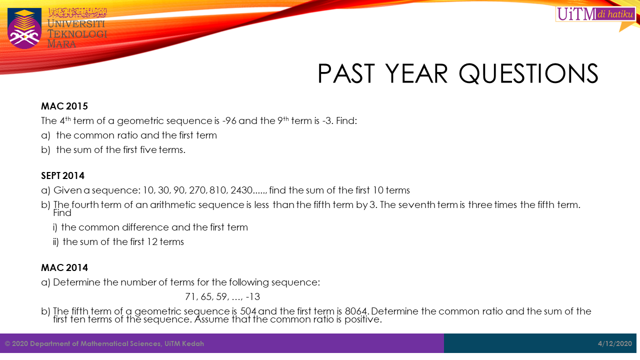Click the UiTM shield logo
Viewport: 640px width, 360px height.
[x=24, y=28]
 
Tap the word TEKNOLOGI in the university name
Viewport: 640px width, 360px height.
[x=77, y=33]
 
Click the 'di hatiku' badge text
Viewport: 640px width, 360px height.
[x=615, y=14]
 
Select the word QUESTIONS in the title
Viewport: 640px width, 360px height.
[x=528, y=73]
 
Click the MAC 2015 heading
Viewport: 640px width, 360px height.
[x=64, y=106]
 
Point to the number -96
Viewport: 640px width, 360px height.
[x=229, y=121]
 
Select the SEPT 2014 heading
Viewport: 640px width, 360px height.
[x=62, y=175]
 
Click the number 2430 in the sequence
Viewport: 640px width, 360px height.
[x=241, y=190]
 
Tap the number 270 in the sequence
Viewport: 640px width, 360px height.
[x=197, y=190]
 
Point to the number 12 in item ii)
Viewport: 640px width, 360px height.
[x=152, y=242]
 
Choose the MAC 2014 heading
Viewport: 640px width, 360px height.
[x=64, y=267]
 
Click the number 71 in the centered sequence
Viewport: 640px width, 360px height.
[x=190, y=297]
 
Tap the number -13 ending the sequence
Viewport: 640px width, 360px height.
[x=253, y=297]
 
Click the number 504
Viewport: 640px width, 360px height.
[x=248, y=311]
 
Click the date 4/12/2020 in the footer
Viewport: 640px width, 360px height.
[x=615, y=343]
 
